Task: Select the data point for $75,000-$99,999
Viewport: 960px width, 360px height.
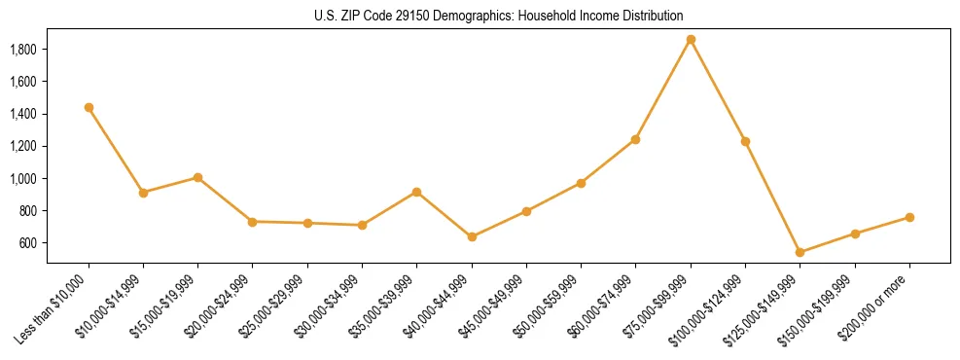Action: (691, 40)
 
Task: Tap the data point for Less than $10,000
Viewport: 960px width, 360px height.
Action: (89, 107)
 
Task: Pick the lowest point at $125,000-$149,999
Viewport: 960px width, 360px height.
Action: (800, 252)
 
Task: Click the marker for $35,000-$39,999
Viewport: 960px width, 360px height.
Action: (416, 192)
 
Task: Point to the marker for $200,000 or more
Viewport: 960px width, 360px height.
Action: (909, 217)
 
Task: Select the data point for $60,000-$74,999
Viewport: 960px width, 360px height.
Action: (635, 139)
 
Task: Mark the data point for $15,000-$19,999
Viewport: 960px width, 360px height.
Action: (197, 177)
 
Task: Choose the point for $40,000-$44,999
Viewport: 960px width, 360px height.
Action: (472, 236)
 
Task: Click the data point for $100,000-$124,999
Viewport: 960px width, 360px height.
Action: (745, 141)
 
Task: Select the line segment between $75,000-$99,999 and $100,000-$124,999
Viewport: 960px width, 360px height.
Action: (718, 90)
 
